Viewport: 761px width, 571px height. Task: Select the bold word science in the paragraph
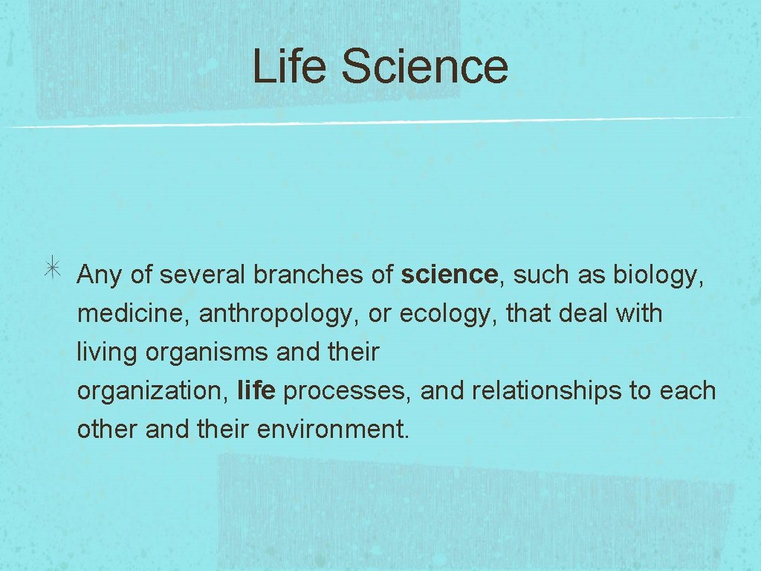coord(449,275)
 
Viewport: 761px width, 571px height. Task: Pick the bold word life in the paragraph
coord(256,391)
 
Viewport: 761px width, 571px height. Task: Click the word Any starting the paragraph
coord(99,276)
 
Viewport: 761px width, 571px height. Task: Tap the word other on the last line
coord(107,430)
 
